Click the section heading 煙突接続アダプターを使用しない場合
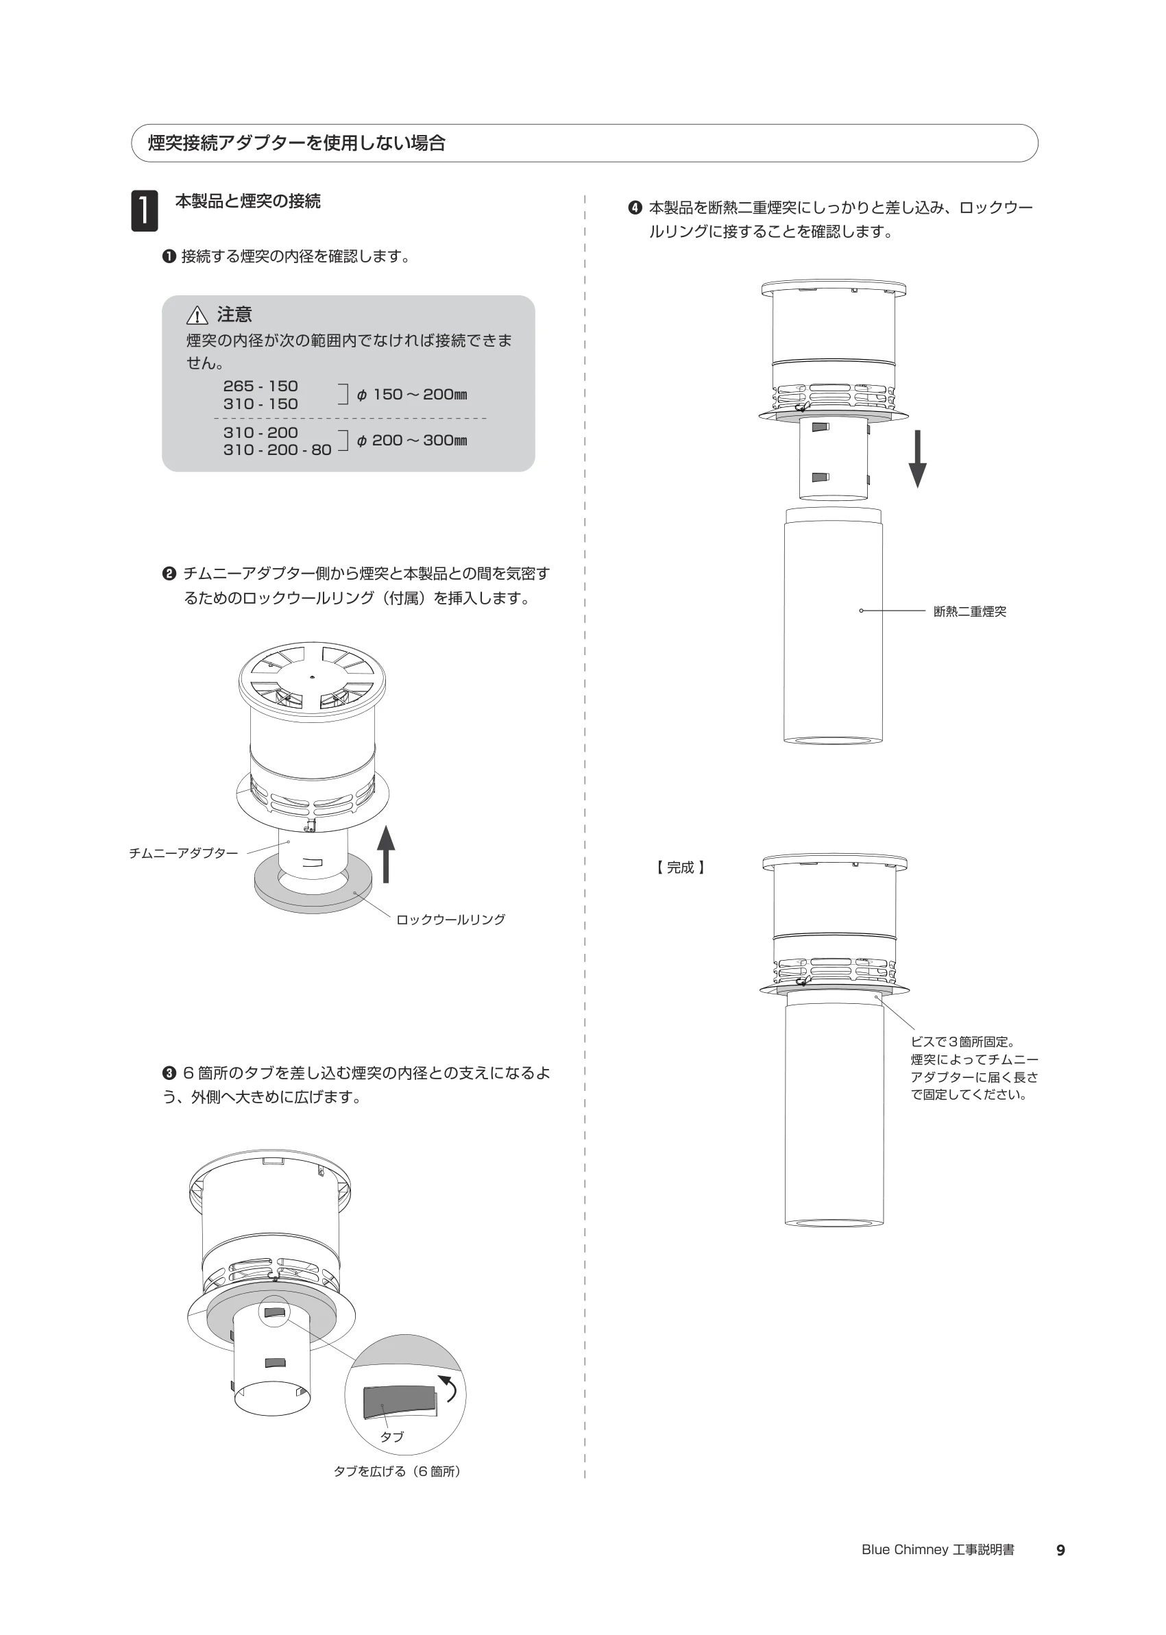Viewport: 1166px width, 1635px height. click(x=297, y=143)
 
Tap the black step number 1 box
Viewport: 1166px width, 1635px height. click(x=145, y=211)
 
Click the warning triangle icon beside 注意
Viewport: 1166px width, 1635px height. click(x=197, y=315)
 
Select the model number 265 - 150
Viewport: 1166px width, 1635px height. click(x=260, y=386)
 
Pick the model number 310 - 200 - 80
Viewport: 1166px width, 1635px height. click(x=277, y=450)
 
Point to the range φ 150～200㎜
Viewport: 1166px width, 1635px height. click(x=412, y=395)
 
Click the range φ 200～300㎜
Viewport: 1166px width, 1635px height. click(x=412, y=441)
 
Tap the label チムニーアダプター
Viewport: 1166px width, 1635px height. click(x=184, y=853)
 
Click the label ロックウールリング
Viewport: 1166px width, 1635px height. click(x=451, y=920)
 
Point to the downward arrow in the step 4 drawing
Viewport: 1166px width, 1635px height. click(x=918, y=459)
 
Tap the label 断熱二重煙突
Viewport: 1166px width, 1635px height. click(x=970, y=611)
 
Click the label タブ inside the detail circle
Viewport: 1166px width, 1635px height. click(x=392, y=1436)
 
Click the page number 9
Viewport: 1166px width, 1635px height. click(x=1060, y=1550)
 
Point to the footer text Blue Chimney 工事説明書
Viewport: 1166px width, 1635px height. click(x=938, y=1550)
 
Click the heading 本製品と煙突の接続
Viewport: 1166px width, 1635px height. click(x=247, y=201)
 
